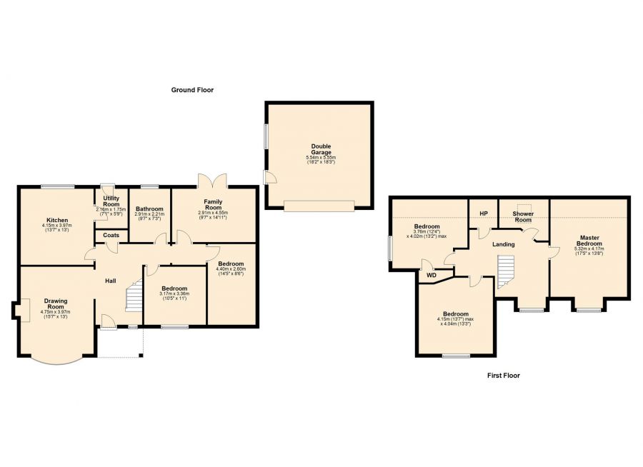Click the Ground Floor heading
click(x=192, y=90)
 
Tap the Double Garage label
click(x=321, y=149)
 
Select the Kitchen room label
click(x=57, y=220)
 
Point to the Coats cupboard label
click(x=111, y=235)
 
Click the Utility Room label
click(x=111, y=201)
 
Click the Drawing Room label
click(x=56, y=303)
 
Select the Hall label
click(x=111, y=281)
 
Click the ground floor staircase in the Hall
click(x=134, y=297)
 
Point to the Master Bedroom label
click(x=589, y=241)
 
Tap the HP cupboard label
click(x=484, y=214)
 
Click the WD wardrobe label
click(x=432, y=275)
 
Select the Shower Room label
click(x=523, y=216)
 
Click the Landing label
click(x=503, y=244)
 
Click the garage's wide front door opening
click(x=319, y=206)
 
